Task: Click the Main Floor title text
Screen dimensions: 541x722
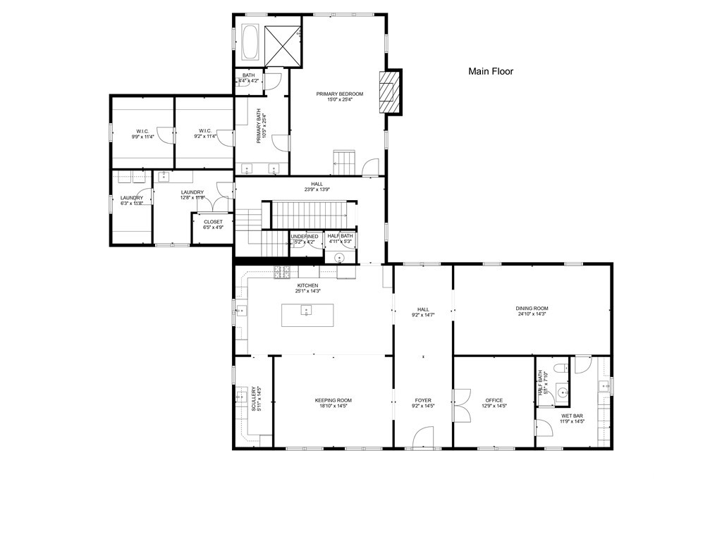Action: (x=491, y=71)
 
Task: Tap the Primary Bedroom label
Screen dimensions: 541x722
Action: (x=339, y=94)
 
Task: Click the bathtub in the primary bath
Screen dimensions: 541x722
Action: (x=250, y=42)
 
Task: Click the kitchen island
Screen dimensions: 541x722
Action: (x=307, y=314)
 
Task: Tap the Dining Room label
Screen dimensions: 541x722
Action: (x=532, y=309)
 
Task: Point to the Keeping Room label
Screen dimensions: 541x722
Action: (x=333, y=400)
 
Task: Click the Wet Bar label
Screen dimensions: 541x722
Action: (x=572, y=416)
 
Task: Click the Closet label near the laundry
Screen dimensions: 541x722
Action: (x=213, y=222)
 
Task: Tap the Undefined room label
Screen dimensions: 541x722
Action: (x=305, y=237)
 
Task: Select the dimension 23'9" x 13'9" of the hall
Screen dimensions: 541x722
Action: (x=307, y=189)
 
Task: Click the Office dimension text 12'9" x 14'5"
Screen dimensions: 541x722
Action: (x=494, y=406)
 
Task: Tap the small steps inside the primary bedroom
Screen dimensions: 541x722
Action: (x=345, y=162)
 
